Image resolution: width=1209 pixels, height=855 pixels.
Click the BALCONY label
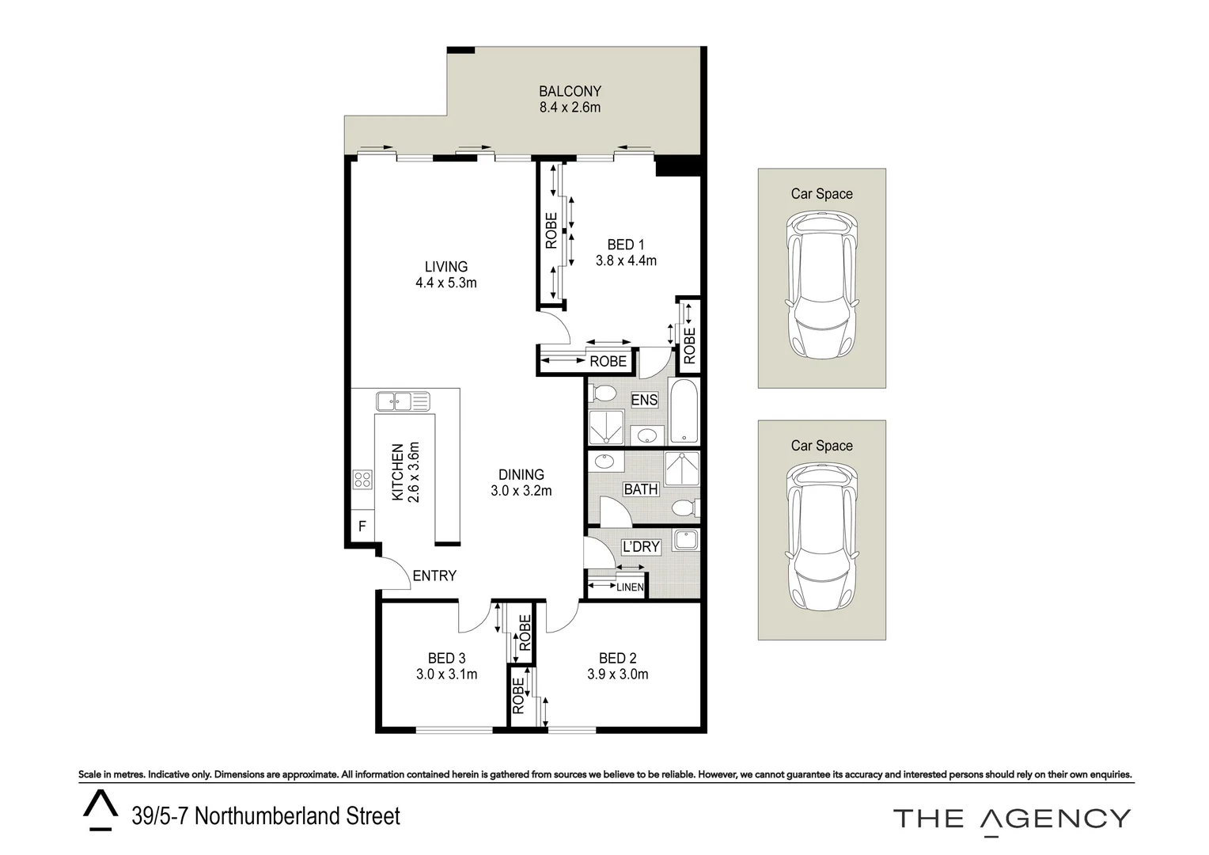coord(570,91)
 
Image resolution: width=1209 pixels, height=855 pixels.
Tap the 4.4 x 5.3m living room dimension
coord(445,283)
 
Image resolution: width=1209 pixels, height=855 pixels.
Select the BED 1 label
coord(626,245)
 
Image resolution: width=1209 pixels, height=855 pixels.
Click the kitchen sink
coord(403,401)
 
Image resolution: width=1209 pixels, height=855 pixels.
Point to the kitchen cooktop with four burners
coord(362,479)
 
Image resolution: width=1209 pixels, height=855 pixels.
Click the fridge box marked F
coord(362,526)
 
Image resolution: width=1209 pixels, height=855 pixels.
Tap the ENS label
coord(644,400)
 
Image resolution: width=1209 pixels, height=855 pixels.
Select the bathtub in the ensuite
coord(684,411)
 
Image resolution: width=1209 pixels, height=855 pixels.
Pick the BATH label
coord(640,489)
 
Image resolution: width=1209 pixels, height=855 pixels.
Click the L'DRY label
coord(640,546)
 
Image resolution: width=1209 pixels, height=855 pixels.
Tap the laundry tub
coord(686,540)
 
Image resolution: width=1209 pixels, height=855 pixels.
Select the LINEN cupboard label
coord(630,587)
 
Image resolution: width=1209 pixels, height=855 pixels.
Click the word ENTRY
coord(434,576)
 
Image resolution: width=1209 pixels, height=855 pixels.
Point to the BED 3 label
coord(446,658)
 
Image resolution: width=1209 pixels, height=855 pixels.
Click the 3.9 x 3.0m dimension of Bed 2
coord(617,674)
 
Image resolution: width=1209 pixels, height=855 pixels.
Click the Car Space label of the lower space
coord(821,446)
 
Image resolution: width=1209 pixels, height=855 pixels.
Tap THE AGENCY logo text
coord(1011,818)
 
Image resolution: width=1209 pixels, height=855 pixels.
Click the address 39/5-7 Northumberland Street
coord(266,816)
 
